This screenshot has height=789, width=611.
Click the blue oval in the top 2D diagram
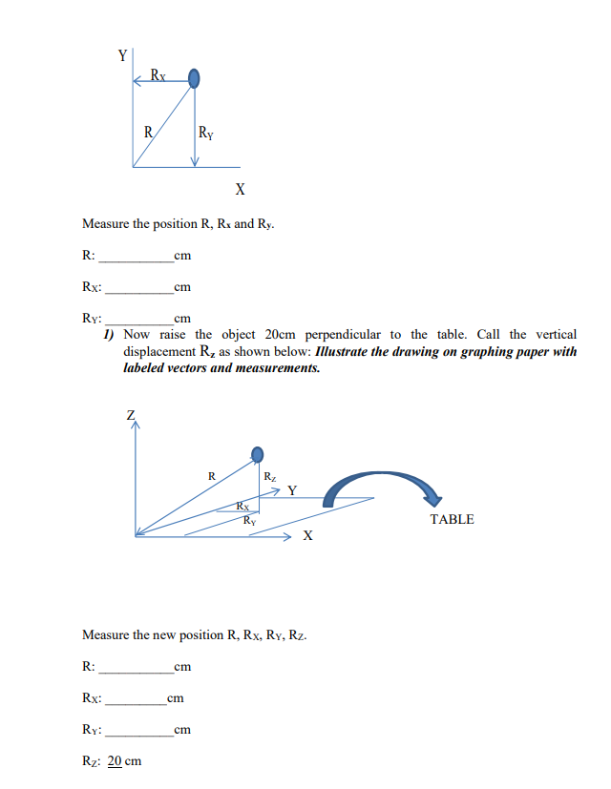click(x=194, y=78)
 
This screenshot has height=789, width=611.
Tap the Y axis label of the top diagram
click(x=122, y=55)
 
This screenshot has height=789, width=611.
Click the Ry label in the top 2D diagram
click(x=206, y=133)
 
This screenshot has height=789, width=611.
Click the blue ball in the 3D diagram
click(x=256, y=454)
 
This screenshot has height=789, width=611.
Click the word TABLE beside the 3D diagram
click(x=452, y=519)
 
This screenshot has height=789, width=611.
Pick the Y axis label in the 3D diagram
click(x=292, y=490)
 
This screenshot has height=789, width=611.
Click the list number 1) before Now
click(x=110, y=334)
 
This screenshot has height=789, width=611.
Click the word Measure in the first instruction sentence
click(x=106, y=224)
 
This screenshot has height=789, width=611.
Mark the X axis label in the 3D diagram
click(x=306, y=536)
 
